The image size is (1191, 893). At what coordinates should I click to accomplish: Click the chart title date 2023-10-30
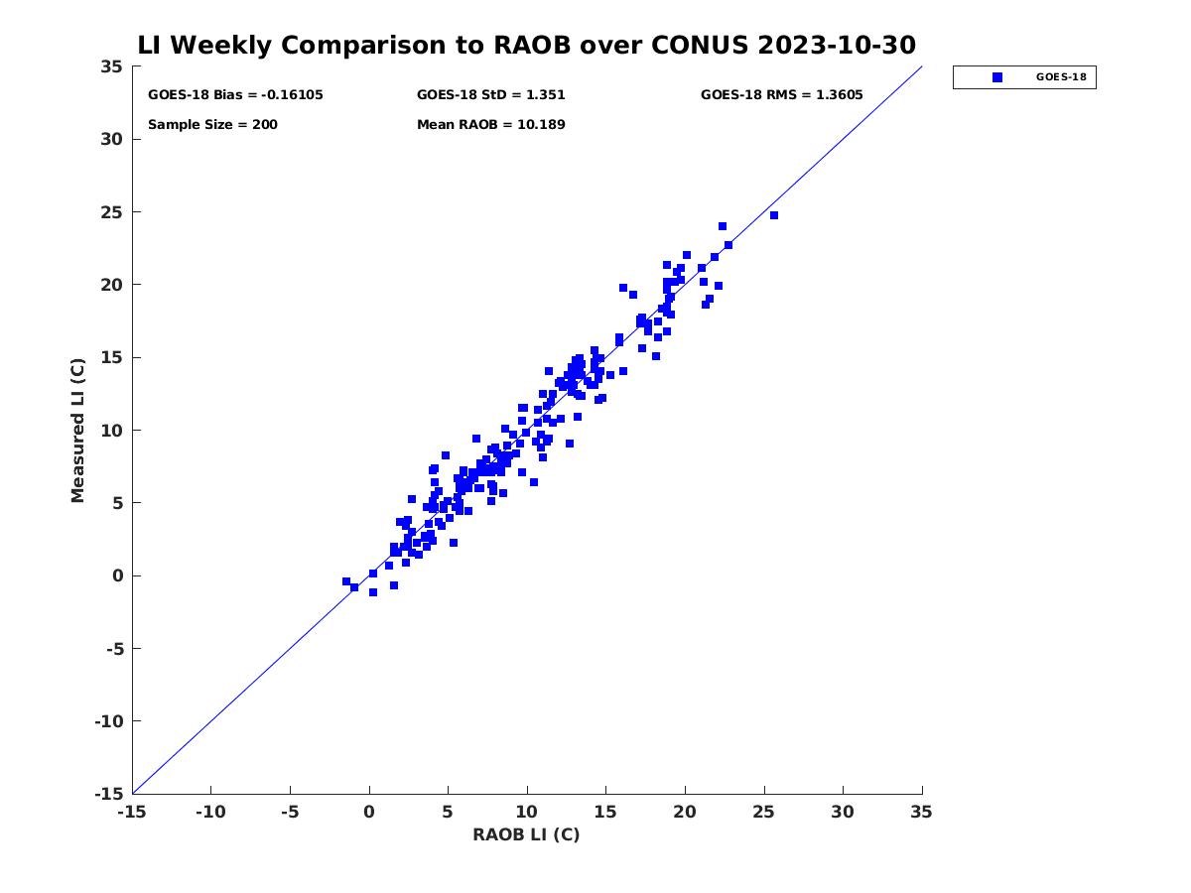[x=837, y=45]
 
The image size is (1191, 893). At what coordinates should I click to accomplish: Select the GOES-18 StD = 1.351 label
[x=491, y=95]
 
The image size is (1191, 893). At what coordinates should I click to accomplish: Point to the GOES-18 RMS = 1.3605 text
[x=781, y=95]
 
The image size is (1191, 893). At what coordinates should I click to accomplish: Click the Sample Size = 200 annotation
[x=212, y=125]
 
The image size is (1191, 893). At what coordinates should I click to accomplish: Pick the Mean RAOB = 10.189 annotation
[x=491, y=125]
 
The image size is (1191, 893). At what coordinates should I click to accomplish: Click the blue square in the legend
[x=997, y=77]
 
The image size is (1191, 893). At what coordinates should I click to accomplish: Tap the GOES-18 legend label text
[x=1061, y=77]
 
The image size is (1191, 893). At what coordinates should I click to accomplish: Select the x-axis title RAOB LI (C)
[x=526, y=834]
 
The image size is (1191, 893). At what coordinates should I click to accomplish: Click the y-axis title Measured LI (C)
[x=77, y=431]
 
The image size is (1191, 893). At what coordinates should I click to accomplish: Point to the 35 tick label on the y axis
[x=111, y=66]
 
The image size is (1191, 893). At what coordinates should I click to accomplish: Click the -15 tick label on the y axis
[x=109, y=795]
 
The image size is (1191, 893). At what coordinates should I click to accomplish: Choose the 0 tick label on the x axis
[x=369, y=813]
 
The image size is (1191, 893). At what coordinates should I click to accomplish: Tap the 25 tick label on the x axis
[x=763, y=813]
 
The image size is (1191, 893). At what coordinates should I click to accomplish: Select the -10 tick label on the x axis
[x=210, y=813]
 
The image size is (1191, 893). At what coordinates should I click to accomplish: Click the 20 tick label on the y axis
[x=111, y=285]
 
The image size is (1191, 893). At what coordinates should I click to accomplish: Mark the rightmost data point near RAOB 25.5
[x=774, y=215]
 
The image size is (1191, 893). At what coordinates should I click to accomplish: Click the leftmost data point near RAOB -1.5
[x=346, y=581]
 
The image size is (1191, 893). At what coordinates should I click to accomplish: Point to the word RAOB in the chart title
[x=532, y=45]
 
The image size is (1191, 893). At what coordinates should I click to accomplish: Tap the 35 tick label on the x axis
[x=921, y=813]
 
